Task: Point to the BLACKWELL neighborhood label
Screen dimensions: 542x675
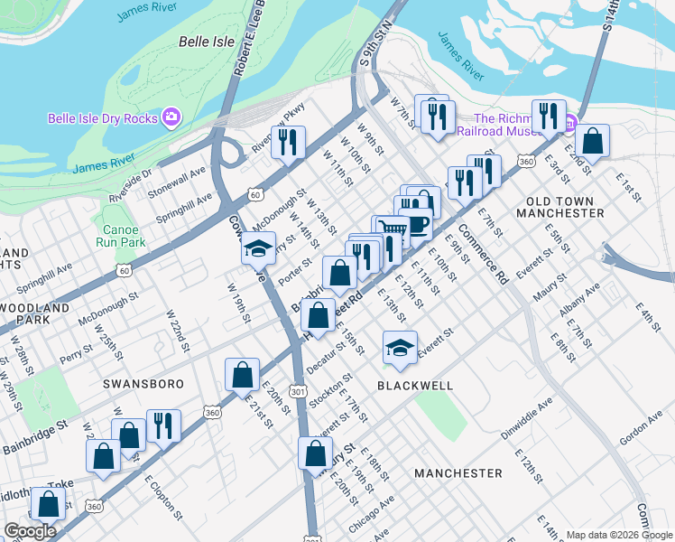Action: point(415,385)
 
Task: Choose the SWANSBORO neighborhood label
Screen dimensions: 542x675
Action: point(143,384)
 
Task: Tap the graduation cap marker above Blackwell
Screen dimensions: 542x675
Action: point(400,346)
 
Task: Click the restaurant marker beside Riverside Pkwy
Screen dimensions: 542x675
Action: point(288,141)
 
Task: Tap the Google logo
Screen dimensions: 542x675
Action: point(31,530)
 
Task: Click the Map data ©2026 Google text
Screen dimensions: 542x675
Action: point(618,535)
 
